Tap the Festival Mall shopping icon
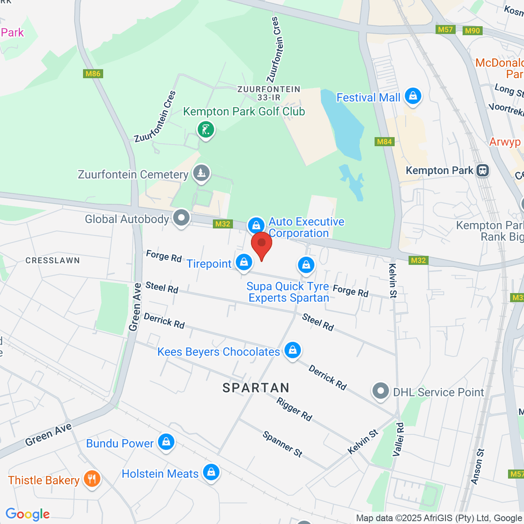click(x=413, y=97)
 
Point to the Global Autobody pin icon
click(x=181, y=218)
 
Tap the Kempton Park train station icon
click(x=483, y=170)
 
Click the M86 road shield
click(x=93, y=74)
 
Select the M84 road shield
click(x=384, y=141)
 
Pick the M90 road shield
click(x=472, y=31)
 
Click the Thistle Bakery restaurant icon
click(x=92, y=479)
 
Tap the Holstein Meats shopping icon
click(x=211, y=472)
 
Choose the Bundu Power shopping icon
click(x=166, y=442)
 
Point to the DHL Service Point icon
click(x=380, y=391)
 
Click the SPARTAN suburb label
click(x=256, y=388)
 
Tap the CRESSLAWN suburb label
click(x=52, y=261)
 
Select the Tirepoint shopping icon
click(x=244, y=262)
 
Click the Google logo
click(x=28, y=514)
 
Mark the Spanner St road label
click(x=283, y=444)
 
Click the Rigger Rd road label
click(x=294, y=410)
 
